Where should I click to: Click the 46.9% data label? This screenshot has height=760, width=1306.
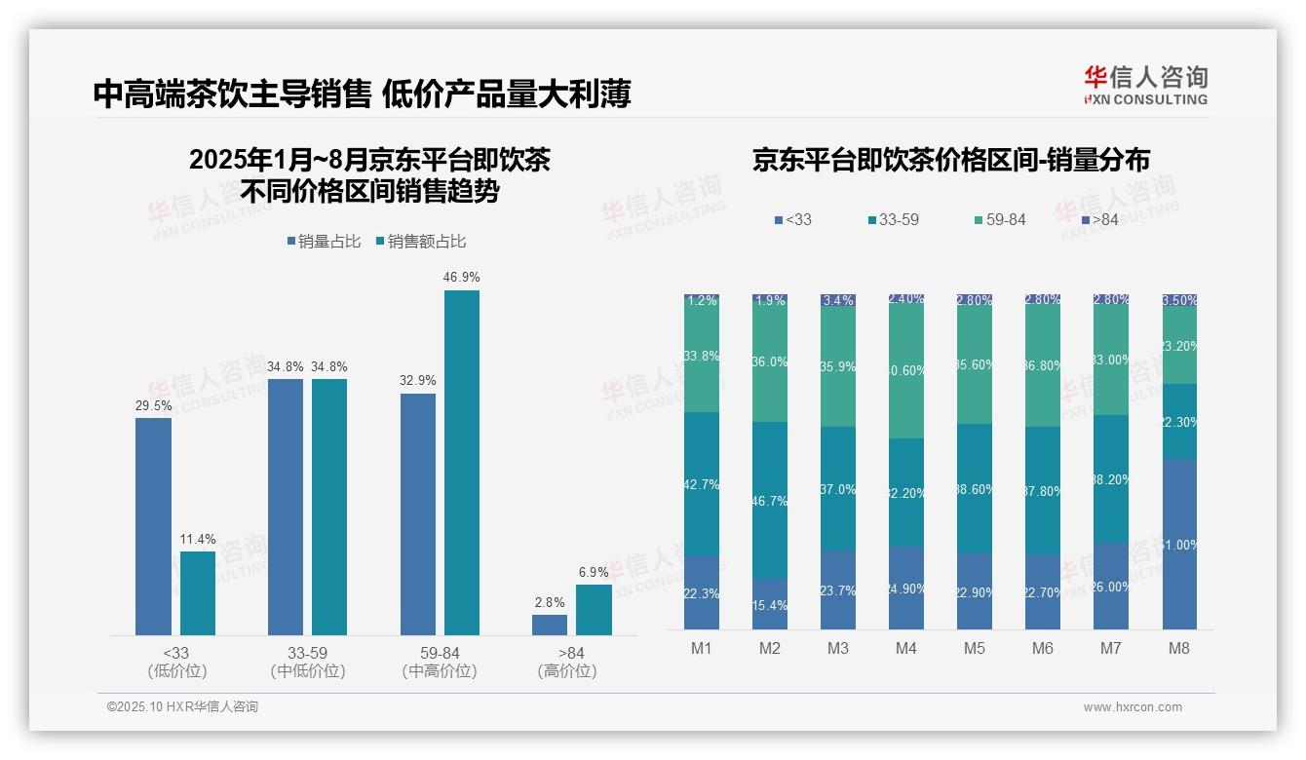click(x=461, y=278)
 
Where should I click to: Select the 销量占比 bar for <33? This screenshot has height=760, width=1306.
click(x=153, y=526)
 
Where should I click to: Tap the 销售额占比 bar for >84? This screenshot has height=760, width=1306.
click(x=594, y=610)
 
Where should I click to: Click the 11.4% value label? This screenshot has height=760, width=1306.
click(x=198, y=539)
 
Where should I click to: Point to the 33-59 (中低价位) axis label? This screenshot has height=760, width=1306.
click(x=307, y=662)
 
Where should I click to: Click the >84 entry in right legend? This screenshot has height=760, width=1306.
click(x=1098, y=220)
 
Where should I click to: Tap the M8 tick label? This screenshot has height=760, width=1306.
click(x=1178, y=648)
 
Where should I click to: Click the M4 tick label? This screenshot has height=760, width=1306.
click(x=905, y=648)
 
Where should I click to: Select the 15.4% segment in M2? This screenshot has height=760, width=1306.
click(x=769, y=605)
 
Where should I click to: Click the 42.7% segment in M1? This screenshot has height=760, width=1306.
click(x=702, y=484)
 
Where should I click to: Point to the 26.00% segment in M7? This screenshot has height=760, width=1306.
click(x=1110, y=587)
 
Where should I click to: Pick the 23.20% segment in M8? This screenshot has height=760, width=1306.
click(x=1178, y=345)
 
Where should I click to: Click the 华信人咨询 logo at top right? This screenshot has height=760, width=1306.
click(x=1145, y=85)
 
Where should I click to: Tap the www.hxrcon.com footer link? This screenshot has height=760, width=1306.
click(x=1132, y=707)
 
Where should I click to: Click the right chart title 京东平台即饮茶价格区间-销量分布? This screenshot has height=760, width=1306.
click(x=950, y=161)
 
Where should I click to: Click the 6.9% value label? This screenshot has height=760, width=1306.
click(x=594, y=572)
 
